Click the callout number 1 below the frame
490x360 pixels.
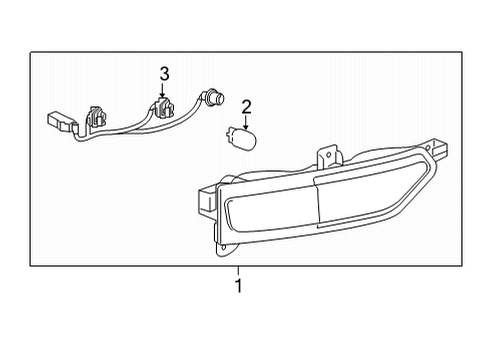pos(238,288)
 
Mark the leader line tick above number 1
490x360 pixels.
pos(238,270)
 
